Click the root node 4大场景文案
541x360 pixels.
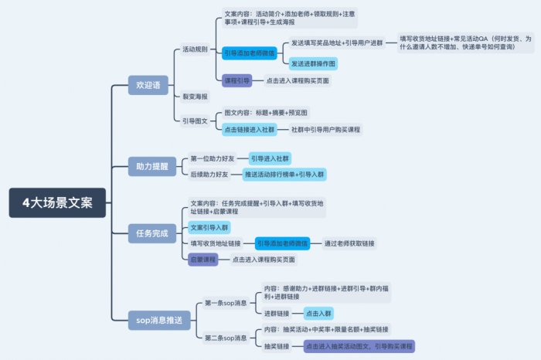click(x=58, y=203)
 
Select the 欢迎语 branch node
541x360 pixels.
click(x=148, y=86)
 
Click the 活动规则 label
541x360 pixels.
click(x=194, y=49)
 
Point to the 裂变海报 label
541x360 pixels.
click(x=194, y=97)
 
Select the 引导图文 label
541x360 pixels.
click(x=194, y=121)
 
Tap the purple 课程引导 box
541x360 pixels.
click(x=237, y=80)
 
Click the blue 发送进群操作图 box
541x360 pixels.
click(x=313, y=63)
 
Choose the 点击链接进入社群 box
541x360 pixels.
click(x=249, y=129)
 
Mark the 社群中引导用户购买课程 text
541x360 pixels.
click(x=325, y=129)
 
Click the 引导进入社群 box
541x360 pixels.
click(x=269, y=158)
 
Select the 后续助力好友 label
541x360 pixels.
click(x=209, y=175)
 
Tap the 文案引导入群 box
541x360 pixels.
click(x=209, y=227)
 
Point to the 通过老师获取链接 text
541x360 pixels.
click(x=349, y=243)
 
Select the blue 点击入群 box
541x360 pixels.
click(x=318, y=313)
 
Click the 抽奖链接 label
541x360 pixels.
click(x=277, y=346)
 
